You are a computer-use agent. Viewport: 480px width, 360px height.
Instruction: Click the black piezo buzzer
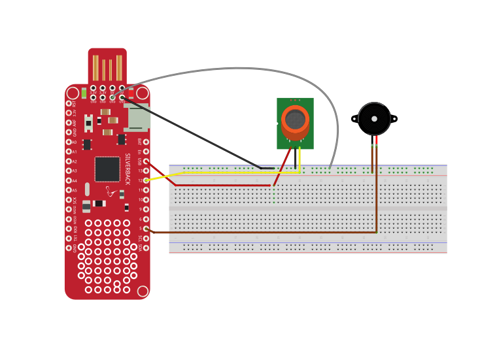(x=374, y=119)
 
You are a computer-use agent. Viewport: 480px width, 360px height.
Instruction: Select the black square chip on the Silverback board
(x=107, y=169)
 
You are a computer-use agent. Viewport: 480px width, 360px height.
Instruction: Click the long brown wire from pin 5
(x=262, y=232)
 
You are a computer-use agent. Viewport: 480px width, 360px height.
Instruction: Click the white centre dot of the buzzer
(x=374, y=119)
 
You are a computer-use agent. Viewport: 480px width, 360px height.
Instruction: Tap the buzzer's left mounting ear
(x=354, y=119)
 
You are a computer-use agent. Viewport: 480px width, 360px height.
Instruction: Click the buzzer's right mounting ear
(x=394, y=119)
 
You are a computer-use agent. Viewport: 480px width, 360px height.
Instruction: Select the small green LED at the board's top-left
(x=84, y=93)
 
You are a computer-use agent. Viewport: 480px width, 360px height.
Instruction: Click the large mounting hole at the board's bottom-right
(x=142, y=291)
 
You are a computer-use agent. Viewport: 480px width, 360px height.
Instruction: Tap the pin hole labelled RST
(x=69, y=103)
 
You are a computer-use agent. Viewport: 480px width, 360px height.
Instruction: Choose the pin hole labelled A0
(x=69, y=142)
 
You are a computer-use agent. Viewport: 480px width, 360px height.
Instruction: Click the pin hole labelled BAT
(x=146, y=142)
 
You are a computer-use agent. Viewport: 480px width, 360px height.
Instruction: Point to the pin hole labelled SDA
(x=146, y=248)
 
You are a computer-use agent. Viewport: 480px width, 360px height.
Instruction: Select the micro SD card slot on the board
(x=137, y=118)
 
